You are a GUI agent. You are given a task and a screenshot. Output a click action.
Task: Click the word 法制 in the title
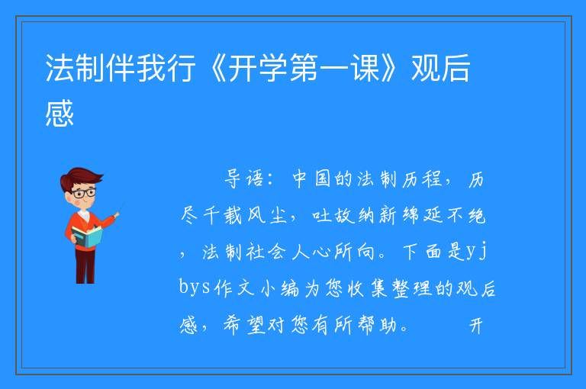[75, 68]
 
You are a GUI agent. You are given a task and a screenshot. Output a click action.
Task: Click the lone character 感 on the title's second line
[60, 113]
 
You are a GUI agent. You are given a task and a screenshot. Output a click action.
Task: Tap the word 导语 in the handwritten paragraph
[243, 178]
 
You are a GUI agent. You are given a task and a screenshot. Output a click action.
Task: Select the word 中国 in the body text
[311, 178]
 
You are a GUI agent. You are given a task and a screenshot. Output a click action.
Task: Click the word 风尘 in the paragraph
[266, 215]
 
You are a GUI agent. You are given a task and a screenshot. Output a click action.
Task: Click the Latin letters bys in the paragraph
[195, 288]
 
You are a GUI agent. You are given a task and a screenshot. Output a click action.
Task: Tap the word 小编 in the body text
[280, 288]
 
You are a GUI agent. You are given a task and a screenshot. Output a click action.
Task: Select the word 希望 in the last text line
[244, 325]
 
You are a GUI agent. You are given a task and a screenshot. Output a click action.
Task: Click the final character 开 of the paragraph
[476, 326]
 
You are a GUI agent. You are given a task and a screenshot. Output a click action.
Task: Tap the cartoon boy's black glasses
[84, 193]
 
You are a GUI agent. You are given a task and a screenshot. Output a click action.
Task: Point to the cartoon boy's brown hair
[80, 178]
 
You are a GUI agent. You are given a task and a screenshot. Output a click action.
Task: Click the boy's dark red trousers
[85, 265]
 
